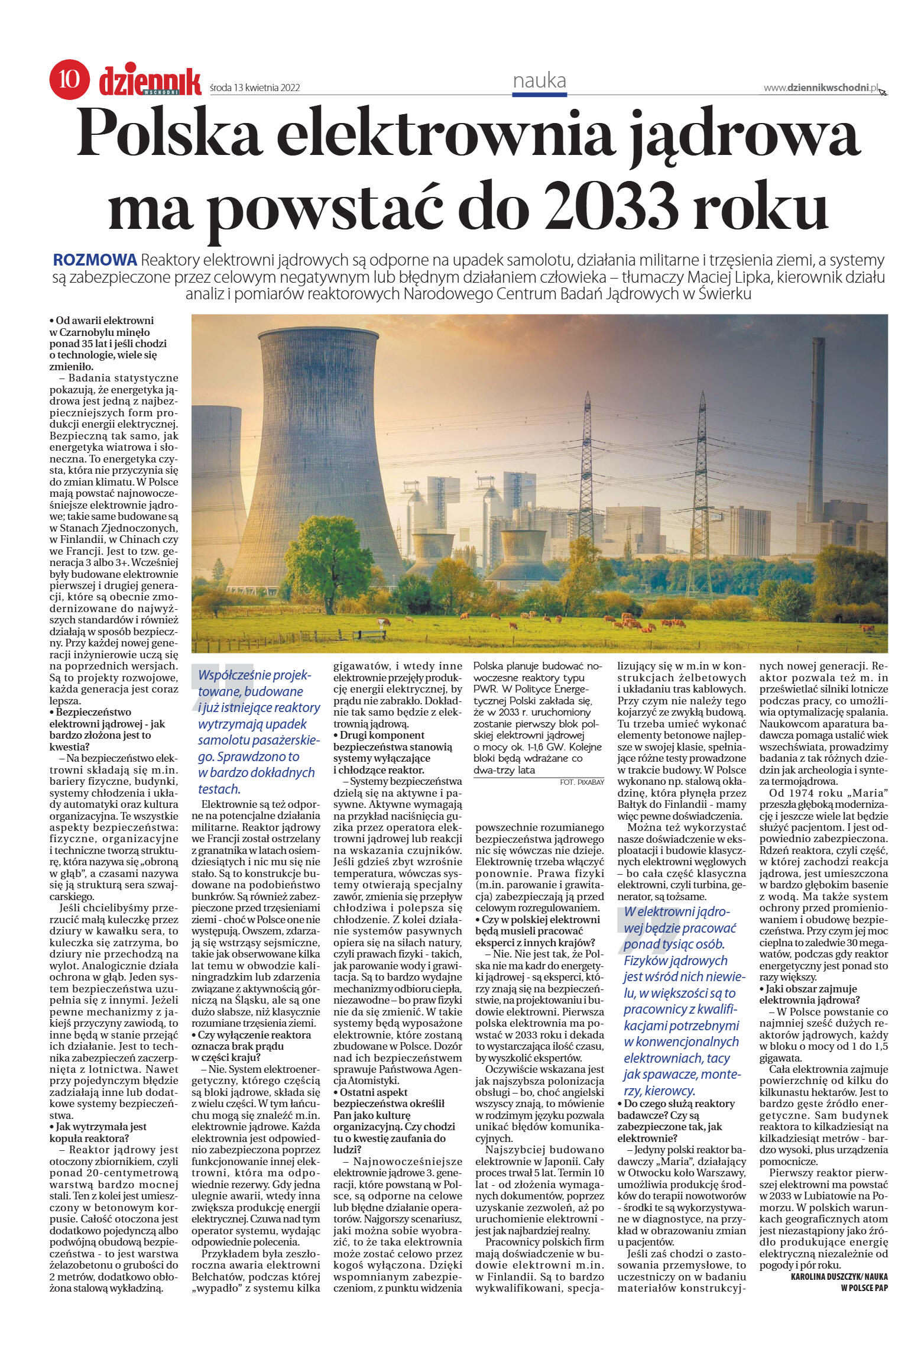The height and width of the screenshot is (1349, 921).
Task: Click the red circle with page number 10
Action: (x=69, y=79)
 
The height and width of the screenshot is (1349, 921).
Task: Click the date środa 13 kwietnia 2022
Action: (x=255, y=88)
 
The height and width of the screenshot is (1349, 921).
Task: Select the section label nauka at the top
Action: (x=539, y=80)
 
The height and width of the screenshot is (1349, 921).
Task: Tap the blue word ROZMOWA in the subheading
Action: (x=95, y=260)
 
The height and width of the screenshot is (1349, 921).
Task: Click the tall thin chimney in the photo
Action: (x=817, y=426)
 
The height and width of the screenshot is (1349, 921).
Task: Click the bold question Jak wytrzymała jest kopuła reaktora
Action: (x=98, y=1132)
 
